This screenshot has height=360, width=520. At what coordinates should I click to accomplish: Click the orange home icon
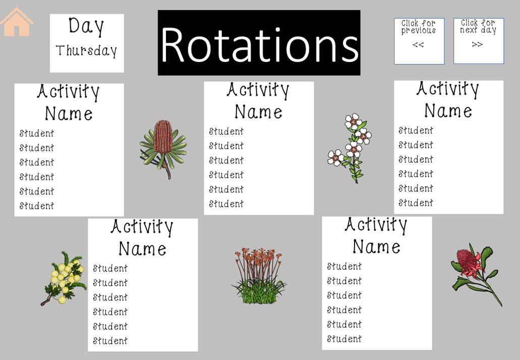(x=17, y=22)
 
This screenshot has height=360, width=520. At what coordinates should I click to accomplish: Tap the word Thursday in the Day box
(x=86, y=51)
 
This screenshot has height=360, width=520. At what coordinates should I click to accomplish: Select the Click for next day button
(x=478, y=41)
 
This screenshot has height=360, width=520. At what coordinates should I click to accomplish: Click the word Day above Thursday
(x=86, y=26)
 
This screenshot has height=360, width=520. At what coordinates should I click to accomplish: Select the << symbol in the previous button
(x=418, y=44)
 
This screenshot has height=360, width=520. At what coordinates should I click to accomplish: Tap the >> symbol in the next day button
(x=477, y=44)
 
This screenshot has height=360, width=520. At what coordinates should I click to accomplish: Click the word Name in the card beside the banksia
(x=69, y=114)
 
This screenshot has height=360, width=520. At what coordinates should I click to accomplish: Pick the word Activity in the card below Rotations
(x=258, y=91)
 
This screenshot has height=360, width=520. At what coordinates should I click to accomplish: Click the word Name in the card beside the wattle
(x=142, y=249)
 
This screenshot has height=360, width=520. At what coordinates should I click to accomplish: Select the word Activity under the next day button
(x=448, y=89)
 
